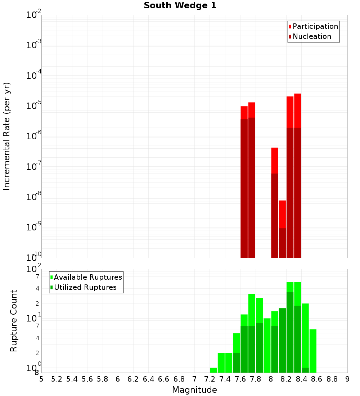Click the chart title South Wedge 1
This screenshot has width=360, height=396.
tap(180, 6)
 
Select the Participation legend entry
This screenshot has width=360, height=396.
tap(315, 26)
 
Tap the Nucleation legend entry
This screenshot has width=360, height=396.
tap(312, 36)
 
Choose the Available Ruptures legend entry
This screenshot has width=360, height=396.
tap(88, 277)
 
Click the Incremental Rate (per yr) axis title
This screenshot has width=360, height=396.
tap(7, 136)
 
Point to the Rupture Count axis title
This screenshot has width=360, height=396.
tap(14, 321)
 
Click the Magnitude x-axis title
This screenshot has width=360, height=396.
tap(194, 390)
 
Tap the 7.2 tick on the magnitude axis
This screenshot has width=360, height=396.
tap(210, 379)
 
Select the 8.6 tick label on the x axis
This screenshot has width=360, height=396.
tap(317, 379)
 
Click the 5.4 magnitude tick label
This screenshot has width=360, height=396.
tap(72, 379)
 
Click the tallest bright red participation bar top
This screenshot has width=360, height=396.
tap(297, 94)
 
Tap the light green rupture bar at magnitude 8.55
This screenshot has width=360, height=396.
tap(313, 351)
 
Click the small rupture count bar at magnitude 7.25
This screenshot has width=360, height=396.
tap(213, 370)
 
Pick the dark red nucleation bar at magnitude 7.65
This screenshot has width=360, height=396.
tap(244, 187)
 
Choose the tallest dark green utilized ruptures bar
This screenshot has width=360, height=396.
tap(290, 331)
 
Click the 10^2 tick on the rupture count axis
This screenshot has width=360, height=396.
tap(34, 269)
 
